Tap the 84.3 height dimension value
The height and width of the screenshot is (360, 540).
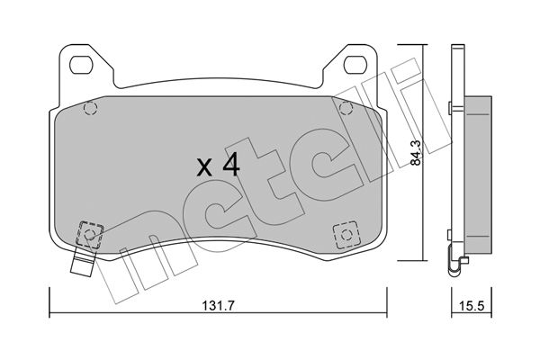(x=416, y=153)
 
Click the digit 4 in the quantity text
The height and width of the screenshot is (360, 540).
(x=231, y=165)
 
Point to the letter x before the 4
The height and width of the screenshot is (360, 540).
(x=204, y=167)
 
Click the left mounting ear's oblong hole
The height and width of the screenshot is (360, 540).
(x=81, y=65)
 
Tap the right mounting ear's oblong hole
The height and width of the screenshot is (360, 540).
(x=355, y=65)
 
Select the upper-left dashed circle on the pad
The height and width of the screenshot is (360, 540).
(x=91, y=109)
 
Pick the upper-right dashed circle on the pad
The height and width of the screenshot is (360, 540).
(x=346, y=109)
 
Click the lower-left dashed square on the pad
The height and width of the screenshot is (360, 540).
(x=89, y=234)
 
